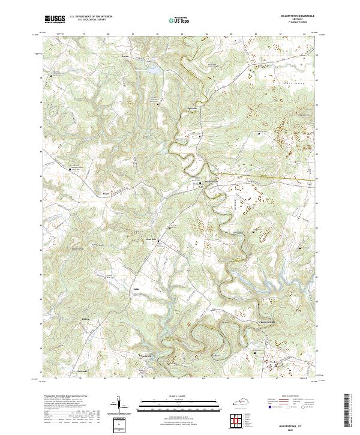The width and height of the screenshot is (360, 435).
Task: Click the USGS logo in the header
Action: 55,19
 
